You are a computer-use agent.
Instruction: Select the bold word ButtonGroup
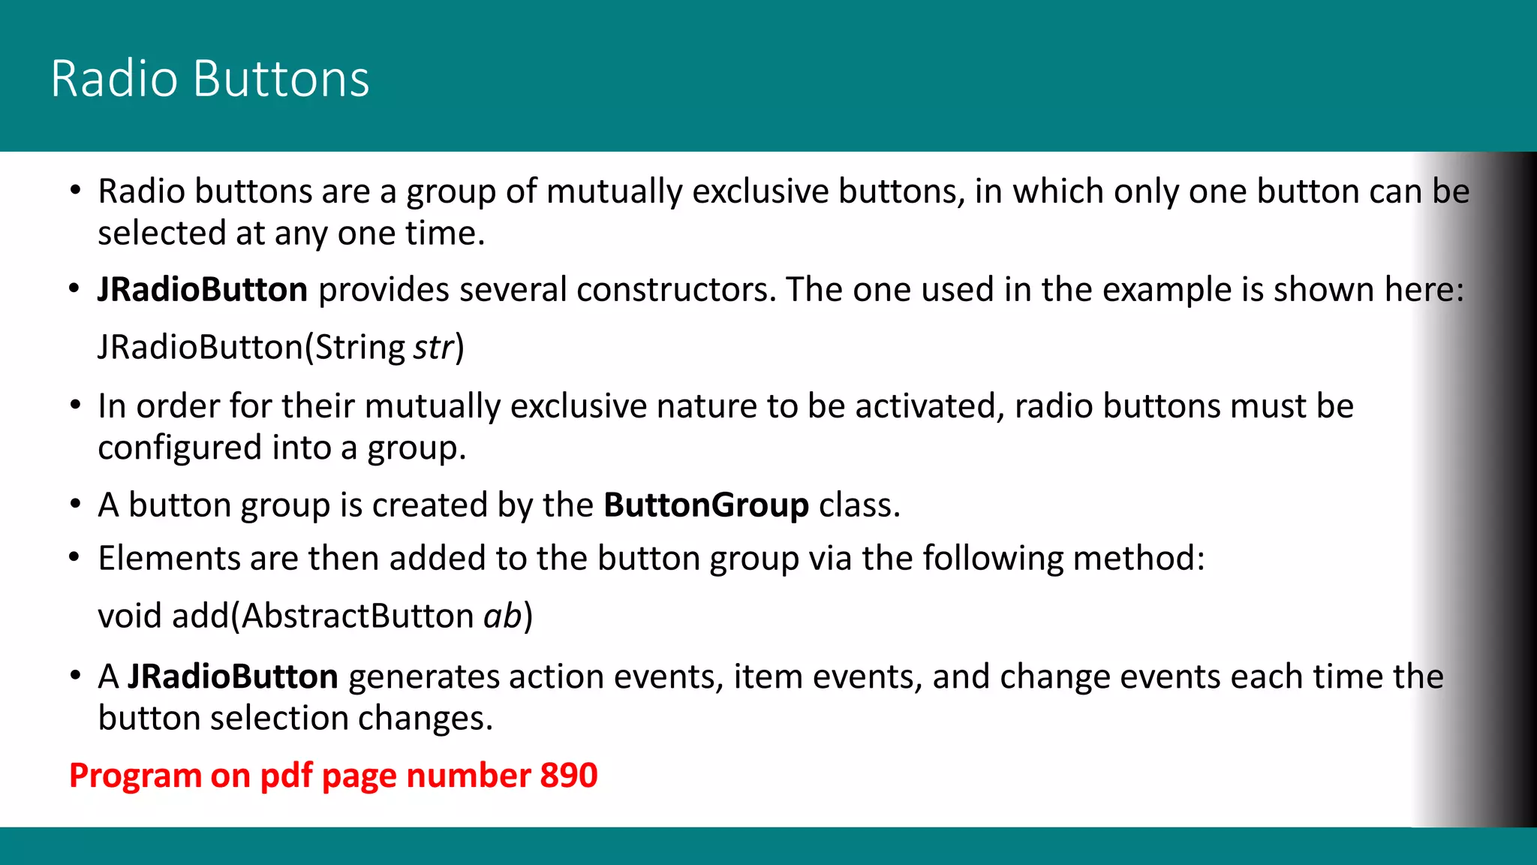(706, 505)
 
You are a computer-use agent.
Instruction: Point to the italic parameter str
(433, 348)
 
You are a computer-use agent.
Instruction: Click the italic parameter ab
(502, 616)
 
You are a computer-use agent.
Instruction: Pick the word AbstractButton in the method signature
(357, 616)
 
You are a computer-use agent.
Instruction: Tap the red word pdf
(286, 776)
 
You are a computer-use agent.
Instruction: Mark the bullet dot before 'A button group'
(74, 505)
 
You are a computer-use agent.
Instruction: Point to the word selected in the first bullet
(161, 234)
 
